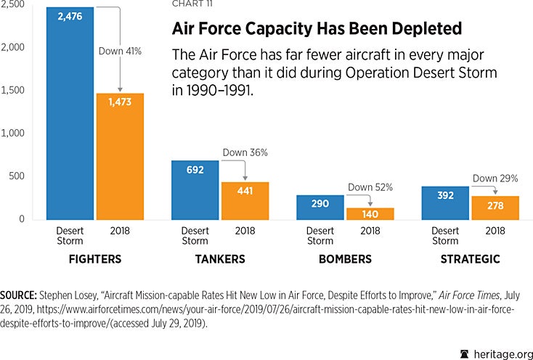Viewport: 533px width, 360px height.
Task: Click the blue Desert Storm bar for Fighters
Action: pyautogui.click(x=70, y=116)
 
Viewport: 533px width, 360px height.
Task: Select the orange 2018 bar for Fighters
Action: pyautogui.click(x=120, y=156)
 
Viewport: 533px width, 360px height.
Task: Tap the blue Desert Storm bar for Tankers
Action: pyautogui.click(x=195, y=192)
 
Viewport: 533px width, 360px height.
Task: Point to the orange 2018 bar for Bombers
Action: pyautogui.click(x=370, y=213)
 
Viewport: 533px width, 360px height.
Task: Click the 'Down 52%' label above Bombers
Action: pyautogui.click(x=370, y=187)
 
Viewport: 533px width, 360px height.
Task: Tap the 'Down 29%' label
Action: pyautogui.click(x=495, y=178)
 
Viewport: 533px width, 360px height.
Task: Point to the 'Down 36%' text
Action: pyautogui.click(x=245, y=153)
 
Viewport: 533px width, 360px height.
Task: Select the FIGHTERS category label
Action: pyautogui.click(x=94, y=259)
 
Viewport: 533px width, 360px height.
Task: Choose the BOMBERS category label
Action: pyautogui.click(x=344, y=259)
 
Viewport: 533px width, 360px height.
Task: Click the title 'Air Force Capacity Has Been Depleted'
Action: pyautogui.click(x=316, y=30)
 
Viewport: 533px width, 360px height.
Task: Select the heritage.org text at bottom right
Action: pyautogui.click(x=498, y=353)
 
